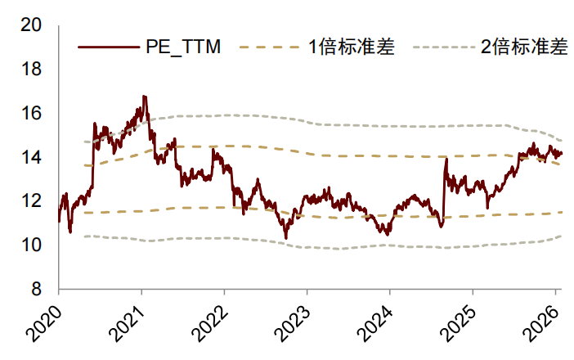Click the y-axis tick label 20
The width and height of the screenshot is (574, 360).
[31, 25]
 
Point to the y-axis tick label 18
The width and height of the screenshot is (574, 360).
[31, 70]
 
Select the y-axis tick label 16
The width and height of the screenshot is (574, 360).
[31, 113]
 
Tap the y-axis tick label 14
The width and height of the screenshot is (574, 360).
[31, 157]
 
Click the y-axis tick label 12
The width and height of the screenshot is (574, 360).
[31, 201]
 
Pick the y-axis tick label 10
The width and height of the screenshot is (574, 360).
[31, 245]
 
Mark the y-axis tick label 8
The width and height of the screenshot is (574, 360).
[37, 289]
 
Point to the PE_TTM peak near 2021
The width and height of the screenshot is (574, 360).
[144, 97]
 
